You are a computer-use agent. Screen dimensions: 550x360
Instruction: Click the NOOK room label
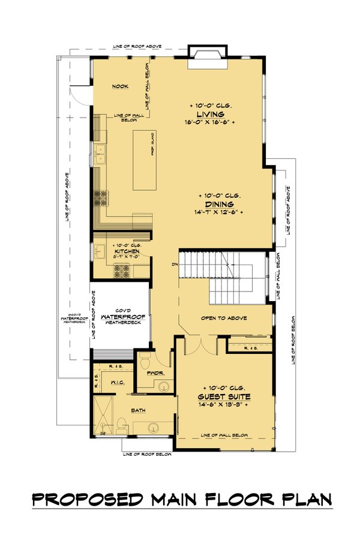pyautogui.click(x=120, y=86)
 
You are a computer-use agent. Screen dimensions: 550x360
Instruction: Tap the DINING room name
pyautogui.click(x=218, y=204)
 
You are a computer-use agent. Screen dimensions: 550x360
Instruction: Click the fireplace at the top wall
pyautogui.click(x=208, y=53)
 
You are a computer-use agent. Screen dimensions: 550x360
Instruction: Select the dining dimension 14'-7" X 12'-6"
pyautogui.click(x=218, y=212)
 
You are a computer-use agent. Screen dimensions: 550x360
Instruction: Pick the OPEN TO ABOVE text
pyautogui.click(x=224, y=318)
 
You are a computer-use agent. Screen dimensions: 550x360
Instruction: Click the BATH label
pyautogui.click(x=139, y=411)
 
